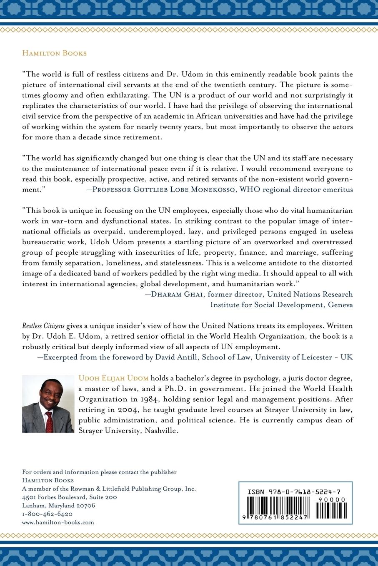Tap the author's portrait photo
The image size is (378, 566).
[48, 403]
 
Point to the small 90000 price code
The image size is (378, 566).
[332, 499]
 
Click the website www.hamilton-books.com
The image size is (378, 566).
[58, 522]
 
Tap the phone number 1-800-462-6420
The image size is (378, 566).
[47, 514]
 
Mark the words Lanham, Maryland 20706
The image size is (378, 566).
[58, 506]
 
